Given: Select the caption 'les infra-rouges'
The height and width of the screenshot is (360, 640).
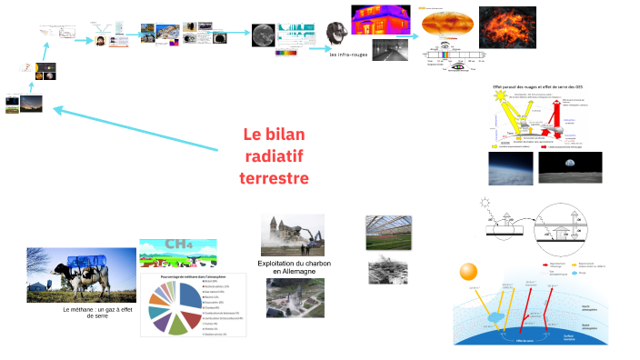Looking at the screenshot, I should point(348,55).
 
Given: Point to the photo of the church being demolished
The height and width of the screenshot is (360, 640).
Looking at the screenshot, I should point(292,235).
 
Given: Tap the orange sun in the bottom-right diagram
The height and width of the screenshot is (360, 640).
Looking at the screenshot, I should point(468,273).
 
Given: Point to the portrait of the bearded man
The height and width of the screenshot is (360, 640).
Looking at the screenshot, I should point(100,41).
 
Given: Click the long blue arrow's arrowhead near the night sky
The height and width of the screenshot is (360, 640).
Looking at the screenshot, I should point(57,109).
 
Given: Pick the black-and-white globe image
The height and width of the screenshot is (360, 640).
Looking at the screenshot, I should point(261,35).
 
